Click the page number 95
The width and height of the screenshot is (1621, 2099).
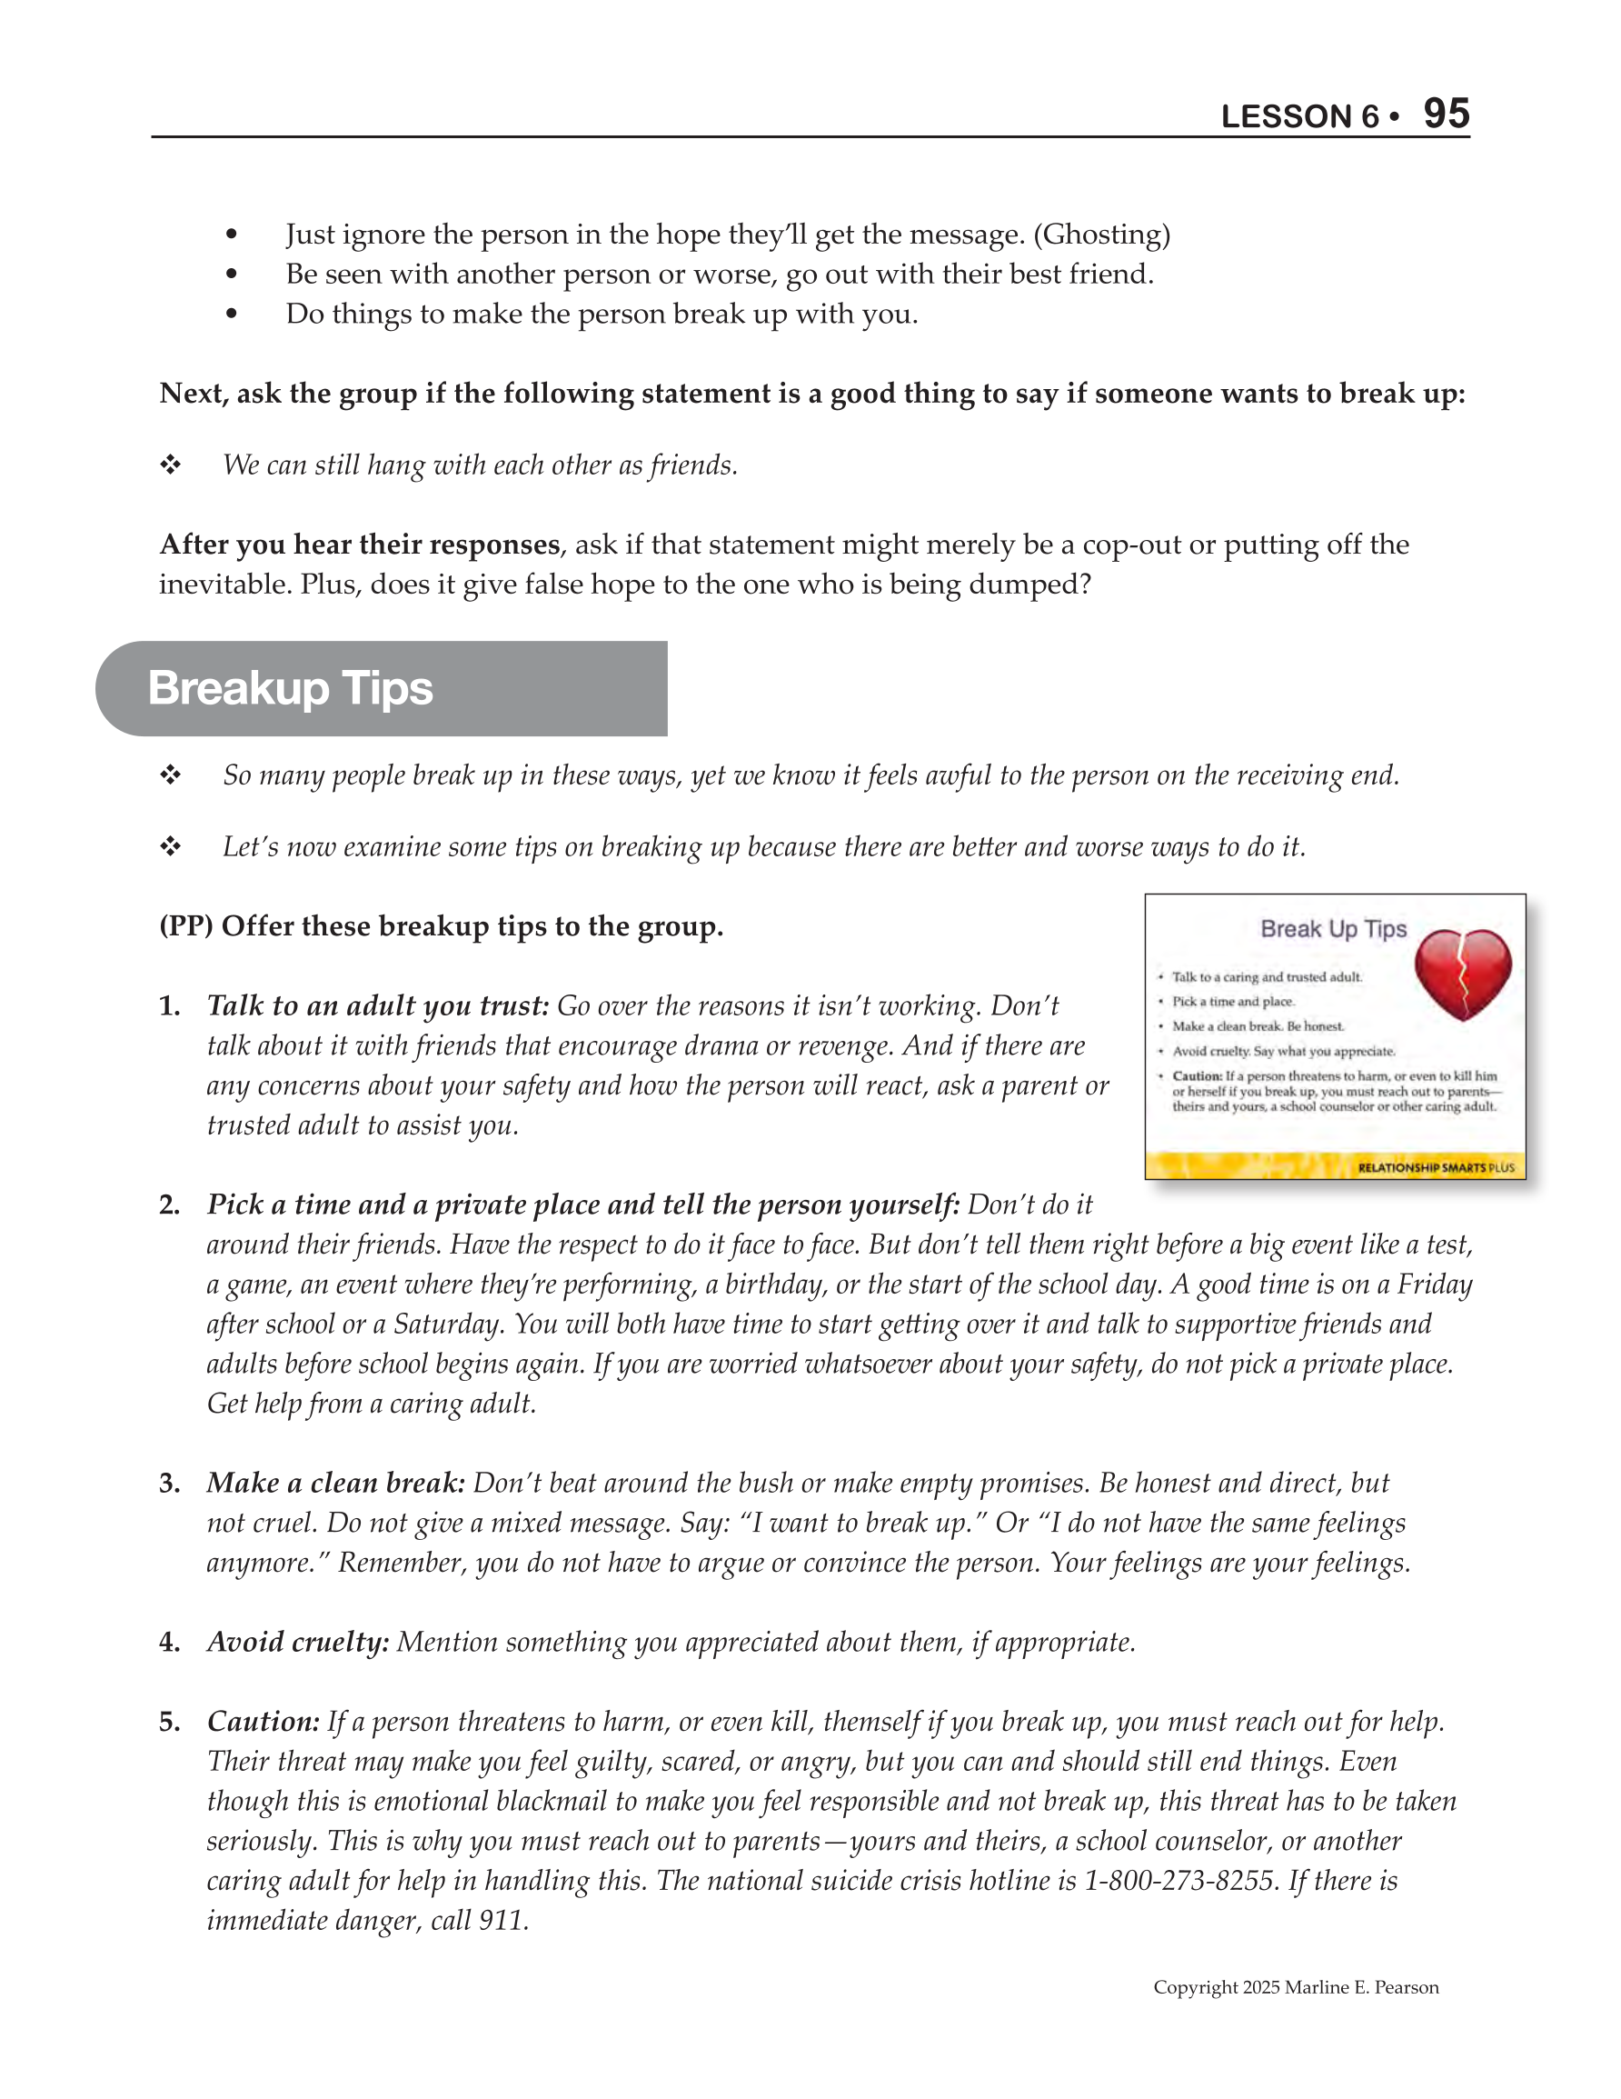click(x=1447, y=115)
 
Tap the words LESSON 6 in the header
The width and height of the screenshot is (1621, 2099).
click(x=1299, y=117)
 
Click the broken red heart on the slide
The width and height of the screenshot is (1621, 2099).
click(x=1463, y=974)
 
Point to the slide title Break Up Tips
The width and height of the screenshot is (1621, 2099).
click(x=1333, y=928)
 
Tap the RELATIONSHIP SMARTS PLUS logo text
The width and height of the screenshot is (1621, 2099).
click(x=1436, y=1168)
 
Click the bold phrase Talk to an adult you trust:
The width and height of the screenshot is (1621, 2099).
click(x=378, y=1005)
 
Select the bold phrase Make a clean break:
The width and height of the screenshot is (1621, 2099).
click(x=335, y=1483)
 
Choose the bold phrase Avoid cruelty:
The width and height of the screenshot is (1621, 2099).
click(x=298, y=1642)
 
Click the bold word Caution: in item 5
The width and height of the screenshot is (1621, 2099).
click(x=264, y=1722)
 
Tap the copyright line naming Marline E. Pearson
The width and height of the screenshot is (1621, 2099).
click(x=1296, y=1987)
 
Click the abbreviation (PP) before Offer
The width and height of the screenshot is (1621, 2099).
click(x=185, y=926)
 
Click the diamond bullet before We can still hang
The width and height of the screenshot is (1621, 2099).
click(x=171, y=465)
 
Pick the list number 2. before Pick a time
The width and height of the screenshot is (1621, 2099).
click(x=170, y=1205)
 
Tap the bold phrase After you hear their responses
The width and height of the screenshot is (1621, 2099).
click(x=360, y=545)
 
